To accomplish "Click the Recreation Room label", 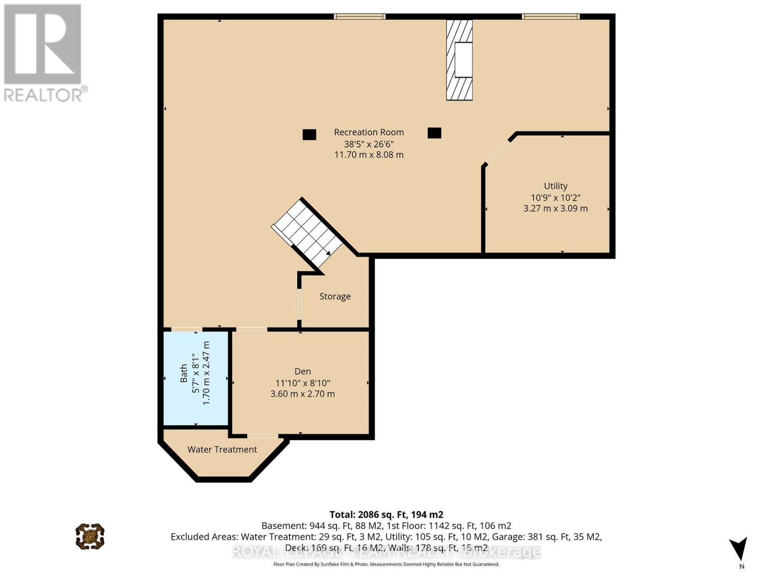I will click(369, 132).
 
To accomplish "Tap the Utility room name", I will click(556, 186).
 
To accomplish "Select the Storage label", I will click(335, 296).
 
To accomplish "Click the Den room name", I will click(302, 371).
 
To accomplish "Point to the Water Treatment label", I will click(222, 449).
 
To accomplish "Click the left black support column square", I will click(309, 134).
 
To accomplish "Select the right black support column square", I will click(434, 132).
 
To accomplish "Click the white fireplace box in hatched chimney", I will click(463, 60).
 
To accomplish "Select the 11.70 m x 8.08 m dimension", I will click(369, 155).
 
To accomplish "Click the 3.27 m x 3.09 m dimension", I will click(556, 208).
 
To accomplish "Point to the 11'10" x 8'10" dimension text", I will click(302, 383).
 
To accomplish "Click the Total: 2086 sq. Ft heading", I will click(386, 515).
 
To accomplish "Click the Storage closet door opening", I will click(299, 304).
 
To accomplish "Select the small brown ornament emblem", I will click(90, 536).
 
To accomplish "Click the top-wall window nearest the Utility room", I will click(550, 17).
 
